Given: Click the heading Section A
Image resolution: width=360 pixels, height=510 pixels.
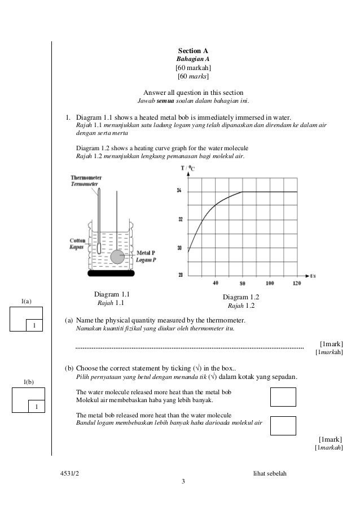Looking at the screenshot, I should [194, 51].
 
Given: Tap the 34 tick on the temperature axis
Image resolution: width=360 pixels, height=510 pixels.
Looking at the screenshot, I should [179, 192].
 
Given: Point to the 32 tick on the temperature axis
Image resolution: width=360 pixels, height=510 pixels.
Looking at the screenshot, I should [179, 220].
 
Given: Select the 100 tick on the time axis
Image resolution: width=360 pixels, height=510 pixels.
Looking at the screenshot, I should [269, 283].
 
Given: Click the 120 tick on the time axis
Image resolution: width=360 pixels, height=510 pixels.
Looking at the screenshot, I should [297, 283].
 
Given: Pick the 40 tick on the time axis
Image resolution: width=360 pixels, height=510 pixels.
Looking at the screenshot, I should [216, 283].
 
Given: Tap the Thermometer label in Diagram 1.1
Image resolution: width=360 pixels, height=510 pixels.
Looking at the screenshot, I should [86, 177].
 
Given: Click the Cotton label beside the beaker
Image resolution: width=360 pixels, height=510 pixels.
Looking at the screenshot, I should [77, 239].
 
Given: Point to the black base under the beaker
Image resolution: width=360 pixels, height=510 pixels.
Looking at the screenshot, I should [111, 274].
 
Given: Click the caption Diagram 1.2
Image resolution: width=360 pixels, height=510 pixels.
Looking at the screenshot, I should [241, 298].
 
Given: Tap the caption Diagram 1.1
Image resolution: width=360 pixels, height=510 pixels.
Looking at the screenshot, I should [112, 294].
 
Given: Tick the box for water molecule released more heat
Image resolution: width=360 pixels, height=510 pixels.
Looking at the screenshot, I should [283, 396].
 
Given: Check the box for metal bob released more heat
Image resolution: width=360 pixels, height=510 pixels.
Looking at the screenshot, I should [283, 425].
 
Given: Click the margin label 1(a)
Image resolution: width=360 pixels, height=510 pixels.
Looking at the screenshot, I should [26, 303].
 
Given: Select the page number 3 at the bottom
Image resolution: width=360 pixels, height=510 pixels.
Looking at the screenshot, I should [183, 481].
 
